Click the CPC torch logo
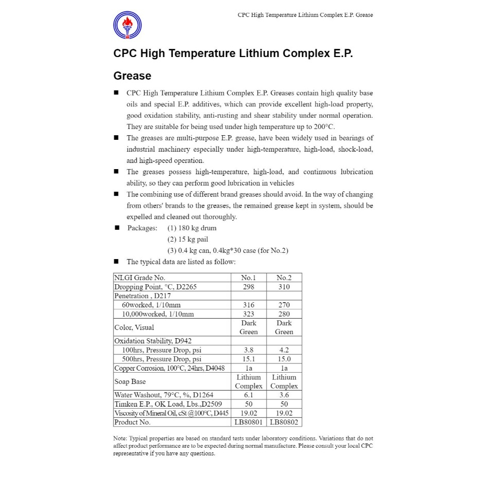127,25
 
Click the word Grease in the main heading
132,76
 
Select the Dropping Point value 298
249,287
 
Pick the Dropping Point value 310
284,287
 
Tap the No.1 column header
249,278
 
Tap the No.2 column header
284,278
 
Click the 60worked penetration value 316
249,305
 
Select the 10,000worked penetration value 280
284,314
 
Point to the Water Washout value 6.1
249,395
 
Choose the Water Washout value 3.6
284,395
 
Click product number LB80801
249,422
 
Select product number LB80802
284,422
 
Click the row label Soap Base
130,381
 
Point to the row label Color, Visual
134,327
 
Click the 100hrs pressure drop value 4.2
284,350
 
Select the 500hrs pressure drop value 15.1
249,359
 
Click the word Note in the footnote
119,438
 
